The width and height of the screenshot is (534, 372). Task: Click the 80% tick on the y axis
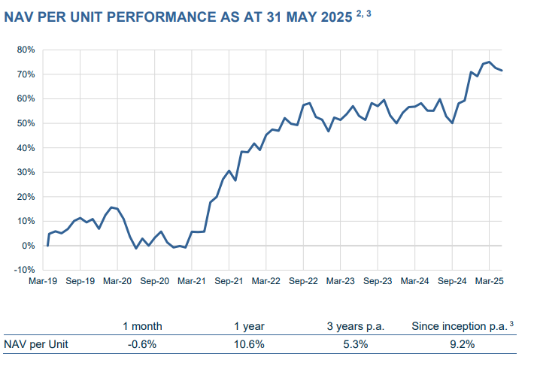(x=26, y=50)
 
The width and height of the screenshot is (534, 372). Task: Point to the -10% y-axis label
(x=24, y=270)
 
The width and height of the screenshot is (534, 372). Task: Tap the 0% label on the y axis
(x=29, y=246)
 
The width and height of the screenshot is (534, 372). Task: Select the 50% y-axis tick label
(x=26, y=123)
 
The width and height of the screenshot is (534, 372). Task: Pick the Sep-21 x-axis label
(x=229, y=281)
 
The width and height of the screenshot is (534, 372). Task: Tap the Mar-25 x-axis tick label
(x=489, y=281)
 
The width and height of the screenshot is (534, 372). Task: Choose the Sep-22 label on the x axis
(x=303, y=281)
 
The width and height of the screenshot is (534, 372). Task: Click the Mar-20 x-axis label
(x=118, y=281)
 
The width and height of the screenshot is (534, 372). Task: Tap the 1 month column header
(x=142, y=327)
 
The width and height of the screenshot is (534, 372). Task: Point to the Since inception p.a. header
(x=460, y=327)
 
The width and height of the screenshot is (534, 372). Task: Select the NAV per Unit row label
(x=37, y=344)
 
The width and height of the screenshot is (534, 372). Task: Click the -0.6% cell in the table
(x=142, y=344)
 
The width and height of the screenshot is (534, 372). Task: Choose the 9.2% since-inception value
(x=463, y=344)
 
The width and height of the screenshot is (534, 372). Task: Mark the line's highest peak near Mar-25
(x=489, y=62)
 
